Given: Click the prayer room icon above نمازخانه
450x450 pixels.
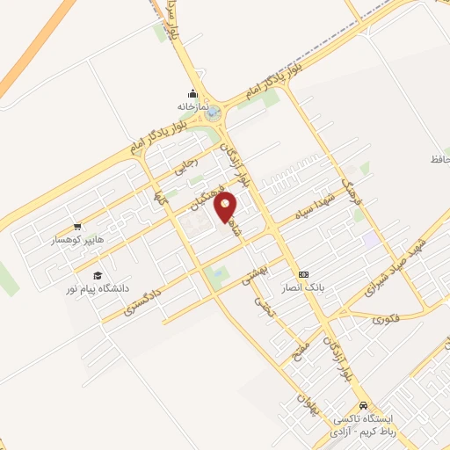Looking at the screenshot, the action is click(192, 93).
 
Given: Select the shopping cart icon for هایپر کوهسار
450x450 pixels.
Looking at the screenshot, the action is click(77, 226).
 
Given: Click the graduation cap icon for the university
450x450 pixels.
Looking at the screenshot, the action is click(97, 275).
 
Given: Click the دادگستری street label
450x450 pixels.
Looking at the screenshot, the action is click(142, 298).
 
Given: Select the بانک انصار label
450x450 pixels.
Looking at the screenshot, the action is click(317, 286).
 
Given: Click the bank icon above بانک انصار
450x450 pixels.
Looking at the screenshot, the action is click(303, 273).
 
